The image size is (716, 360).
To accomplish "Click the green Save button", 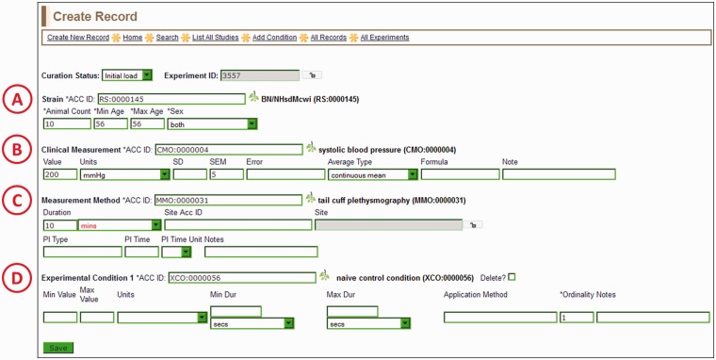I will (57, 348).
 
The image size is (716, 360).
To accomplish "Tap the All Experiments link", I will (384, 37).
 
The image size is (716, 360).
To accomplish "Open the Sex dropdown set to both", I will (212, 123).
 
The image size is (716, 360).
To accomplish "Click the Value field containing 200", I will (59, 174).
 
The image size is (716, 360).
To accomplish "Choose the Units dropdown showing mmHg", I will (124, 174).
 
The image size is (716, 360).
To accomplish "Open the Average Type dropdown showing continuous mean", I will (373, 174).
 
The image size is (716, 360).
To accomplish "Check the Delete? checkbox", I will (513, 276).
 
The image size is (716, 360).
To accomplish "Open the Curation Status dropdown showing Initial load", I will (126, 74).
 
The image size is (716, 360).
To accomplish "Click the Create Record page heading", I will (95, 16).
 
